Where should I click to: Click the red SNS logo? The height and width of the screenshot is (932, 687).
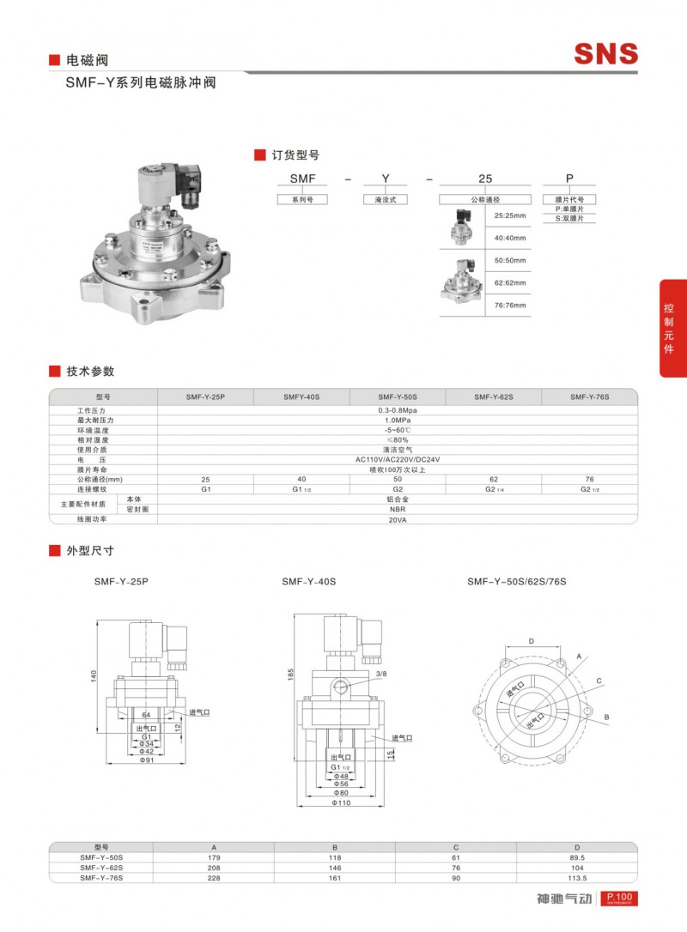[606, 54]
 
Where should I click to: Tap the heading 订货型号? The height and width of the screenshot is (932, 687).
[295, 155]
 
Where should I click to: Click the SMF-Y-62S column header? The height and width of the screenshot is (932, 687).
[493, 397]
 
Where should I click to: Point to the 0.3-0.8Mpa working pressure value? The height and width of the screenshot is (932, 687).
[397, 411]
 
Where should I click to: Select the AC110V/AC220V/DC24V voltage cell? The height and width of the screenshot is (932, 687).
[397, 459]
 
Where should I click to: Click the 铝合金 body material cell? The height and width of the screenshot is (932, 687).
[397, 498]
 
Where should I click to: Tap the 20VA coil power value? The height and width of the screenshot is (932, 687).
[397, 519]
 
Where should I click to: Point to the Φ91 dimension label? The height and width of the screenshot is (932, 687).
[147, 760]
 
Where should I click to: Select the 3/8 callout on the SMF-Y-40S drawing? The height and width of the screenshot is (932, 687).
[381, 674]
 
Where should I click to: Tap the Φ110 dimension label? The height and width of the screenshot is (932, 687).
[342, 805]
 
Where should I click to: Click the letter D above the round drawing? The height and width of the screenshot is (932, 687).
[531, 641]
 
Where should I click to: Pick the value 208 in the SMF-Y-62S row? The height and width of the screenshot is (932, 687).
[214, 868]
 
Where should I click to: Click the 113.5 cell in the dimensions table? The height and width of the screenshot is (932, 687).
[577, 878]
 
